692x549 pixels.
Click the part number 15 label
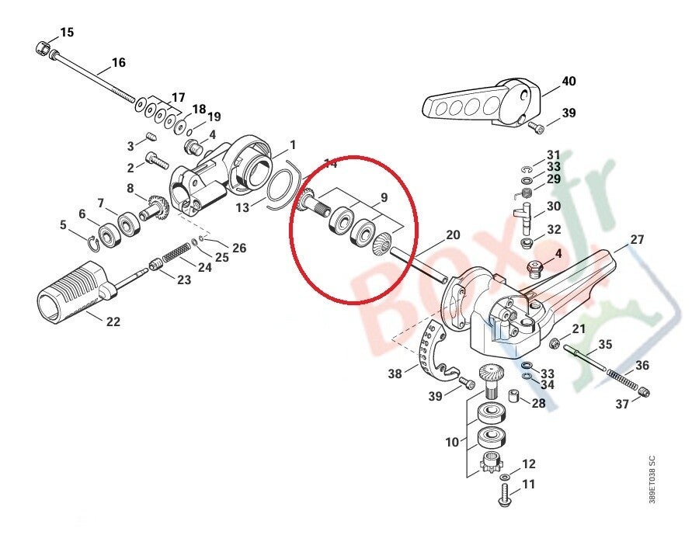[x=68, y=32]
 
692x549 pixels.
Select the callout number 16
[x=118, y=62]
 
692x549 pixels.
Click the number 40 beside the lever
[x=569, y=81]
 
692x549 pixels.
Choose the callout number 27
[x=637, y=240]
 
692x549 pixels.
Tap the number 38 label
[x=396, y=374]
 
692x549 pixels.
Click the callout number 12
[x=528, y=464]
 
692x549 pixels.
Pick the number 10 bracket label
[x=452, y=443]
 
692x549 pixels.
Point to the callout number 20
[x=453, y=235]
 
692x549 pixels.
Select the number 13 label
[x=243, y=207]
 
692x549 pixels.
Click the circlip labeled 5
[x=94, y=240]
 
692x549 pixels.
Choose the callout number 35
[x=605, y=344]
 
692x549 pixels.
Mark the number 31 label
[x=553, y=155]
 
